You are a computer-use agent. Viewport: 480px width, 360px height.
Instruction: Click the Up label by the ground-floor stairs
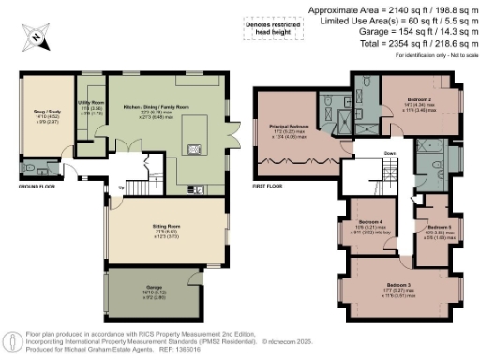tap(120, 187)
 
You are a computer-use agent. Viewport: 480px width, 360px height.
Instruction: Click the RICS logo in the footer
tap(12, 338)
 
